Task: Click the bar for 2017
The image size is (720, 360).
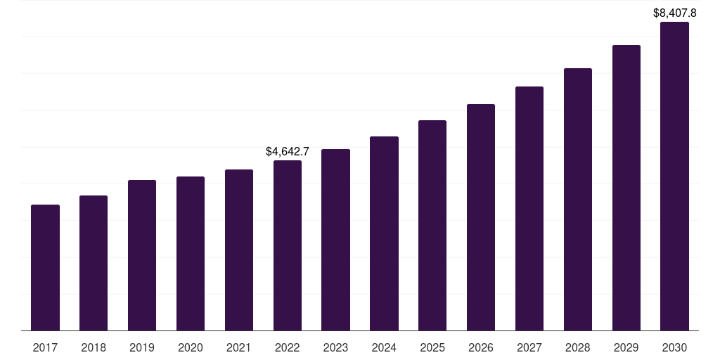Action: [x=45, y=267]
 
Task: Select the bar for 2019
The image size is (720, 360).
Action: [x=142, y=255]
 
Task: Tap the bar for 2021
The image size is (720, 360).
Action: [x=239, y=250]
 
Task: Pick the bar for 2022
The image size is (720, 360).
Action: [x=288, y=245]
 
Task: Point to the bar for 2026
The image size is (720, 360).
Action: [x=481, y=217]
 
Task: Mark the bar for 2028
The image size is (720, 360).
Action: [x=578, y=199]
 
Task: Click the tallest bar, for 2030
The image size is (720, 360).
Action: [x=674, y=176]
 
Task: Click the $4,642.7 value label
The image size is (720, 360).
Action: [x=288, y=151]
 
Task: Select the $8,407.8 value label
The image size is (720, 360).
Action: [x=674, y=13]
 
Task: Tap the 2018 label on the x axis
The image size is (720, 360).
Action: [x=94, y=347]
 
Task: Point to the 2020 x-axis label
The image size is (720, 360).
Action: [x=191, y=347]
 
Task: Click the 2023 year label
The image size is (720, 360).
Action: [x=335, y=347]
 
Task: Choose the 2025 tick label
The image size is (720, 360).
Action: [x=432, y=347]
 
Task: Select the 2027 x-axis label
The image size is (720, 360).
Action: [x=529, y=347]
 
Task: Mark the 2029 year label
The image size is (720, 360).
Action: [x=626, y=347]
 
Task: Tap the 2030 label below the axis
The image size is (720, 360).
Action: [x=674, y=347]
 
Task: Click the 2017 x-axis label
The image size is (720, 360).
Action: [x=45, y=347]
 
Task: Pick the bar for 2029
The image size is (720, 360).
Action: [x=626, y=188]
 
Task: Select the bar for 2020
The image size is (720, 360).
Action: [x=191, y=253]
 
